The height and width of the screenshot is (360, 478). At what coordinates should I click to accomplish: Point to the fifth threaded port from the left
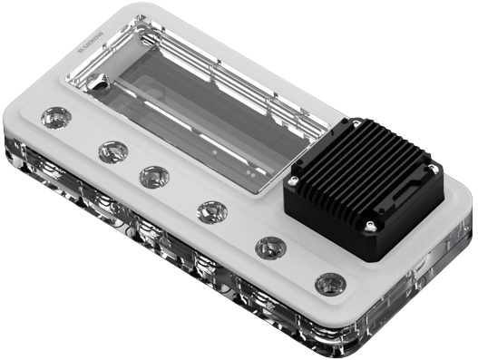(x=269, y=246)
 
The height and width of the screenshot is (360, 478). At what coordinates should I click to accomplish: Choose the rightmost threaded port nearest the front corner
(x=327, y=284)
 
